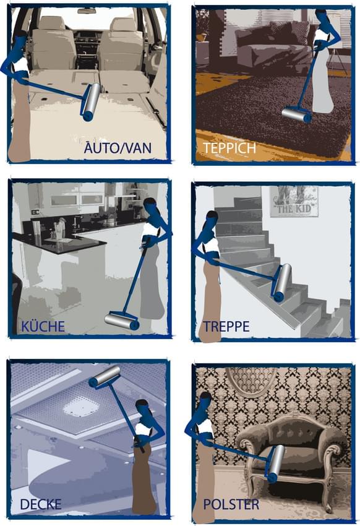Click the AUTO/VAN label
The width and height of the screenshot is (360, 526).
(x=118, y=148)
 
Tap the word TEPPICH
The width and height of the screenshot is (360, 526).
(x=229, y=148)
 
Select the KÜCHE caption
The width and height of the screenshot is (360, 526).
(x=43, y=326)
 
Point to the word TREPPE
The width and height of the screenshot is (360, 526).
(x=226, y=326)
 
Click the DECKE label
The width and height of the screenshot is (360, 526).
(x=41, y=504)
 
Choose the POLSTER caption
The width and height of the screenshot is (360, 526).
(x=231, y=504)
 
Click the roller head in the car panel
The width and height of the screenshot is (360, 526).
(x=90, y=102)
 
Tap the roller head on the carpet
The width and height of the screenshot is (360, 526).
(x=296, y=114)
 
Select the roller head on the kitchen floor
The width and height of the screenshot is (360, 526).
(x=122, y=321)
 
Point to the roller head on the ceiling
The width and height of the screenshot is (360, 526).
(x=105, y=377)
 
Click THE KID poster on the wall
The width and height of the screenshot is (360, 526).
(x=294, y=201)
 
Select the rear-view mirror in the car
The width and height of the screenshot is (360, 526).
(x=87, y=11)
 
